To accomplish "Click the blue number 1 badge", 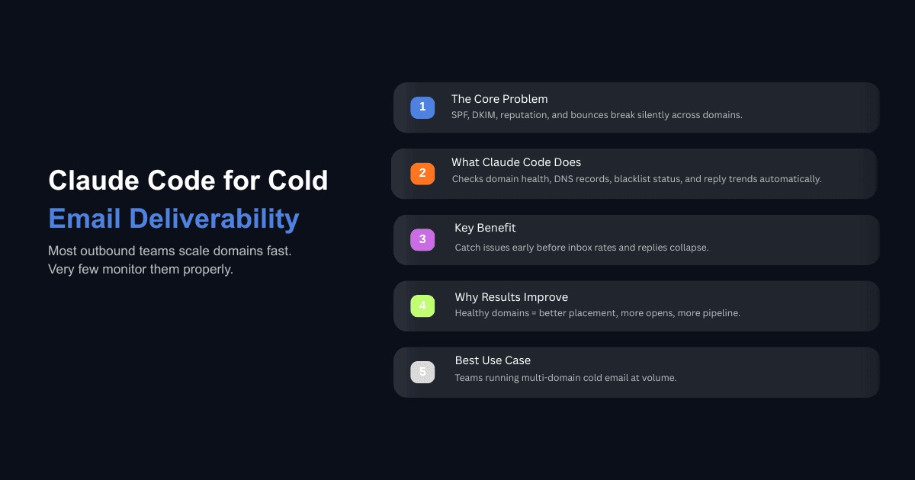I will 422,107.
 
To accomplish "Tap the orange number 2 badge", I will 422,173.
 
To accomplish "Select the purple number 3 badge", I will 422,240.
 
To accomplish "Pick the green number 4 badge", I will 422,306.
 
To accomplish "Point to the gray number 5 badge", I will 422,373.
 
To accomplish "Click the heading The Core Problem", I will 499,99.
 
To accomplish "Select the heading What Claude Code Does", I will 516,162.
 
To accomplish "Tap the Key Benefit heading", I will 485,228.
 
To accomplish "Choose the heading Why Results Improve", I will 511,297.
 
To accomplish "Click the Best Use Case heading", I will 493,360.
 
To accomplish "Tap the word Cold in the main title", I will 298,181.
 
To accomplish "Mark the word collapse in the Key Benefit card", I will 685,248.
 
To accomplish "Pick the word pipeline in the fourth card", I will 720,313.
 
